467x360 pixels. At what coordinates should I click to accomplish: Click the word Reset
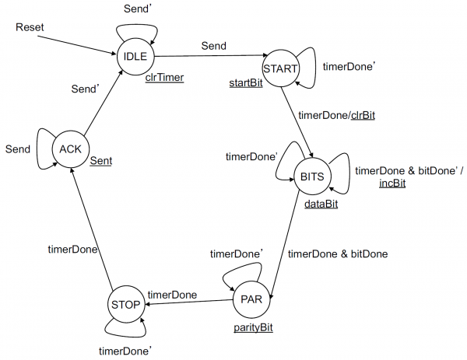(x=30, y=27)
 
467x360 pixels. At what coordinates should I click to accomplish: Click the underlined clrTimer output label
(x=164, y=78)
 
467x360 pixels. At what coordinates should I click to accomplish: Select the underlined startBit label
(x=246, y=82)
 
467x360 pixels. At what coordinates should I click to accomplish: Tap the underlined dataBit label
(x=321, y=204)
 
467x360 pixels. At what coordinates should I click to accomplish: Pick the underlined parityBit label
(x=253, y=327)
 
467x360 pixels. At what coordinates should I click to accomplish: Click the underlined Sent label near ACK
(x=101, y=161)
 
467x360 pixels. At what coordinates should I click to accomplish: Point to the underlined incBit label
(x=392, y=183)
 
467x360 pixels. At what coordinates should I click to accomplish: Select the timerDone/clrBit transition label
(x=336, y=115)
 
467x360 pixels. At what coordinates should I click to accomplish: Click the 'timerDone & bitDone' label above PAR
(x=338, y=253)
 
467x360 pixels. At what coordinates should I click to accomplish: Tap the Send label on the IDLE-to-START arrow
(x=213, y=46)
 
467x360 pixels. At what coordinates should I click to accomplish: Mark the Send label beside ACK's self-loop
(x=18, y=149)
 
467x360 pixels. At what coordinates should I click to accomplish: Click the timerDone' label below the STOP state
(x=125, y=351)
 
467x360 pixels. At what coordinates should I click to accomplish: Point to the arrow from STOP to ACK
(x=91, y=228)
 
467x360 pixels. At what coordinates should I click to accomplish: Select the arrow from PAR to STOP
(x=189, y=302)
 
